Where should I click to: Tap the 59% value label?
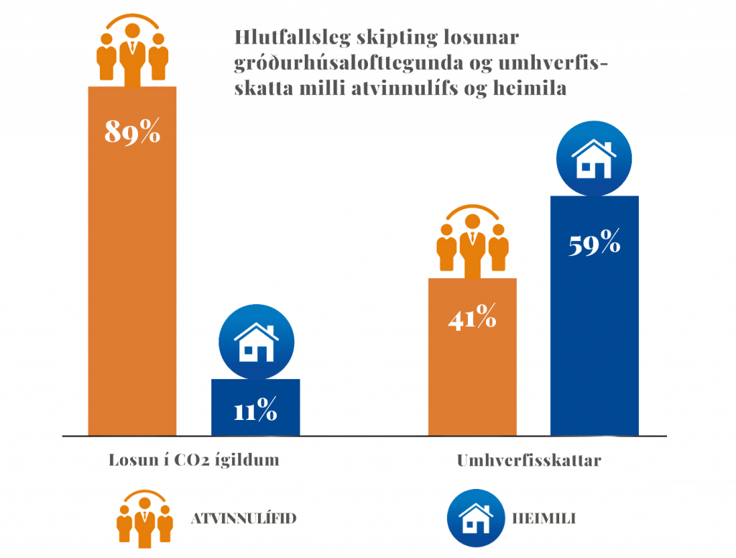point(594,243)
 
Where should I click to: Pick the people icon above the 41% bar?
point(472,240)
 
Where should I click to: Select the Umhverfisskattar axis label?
point(528,461)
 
